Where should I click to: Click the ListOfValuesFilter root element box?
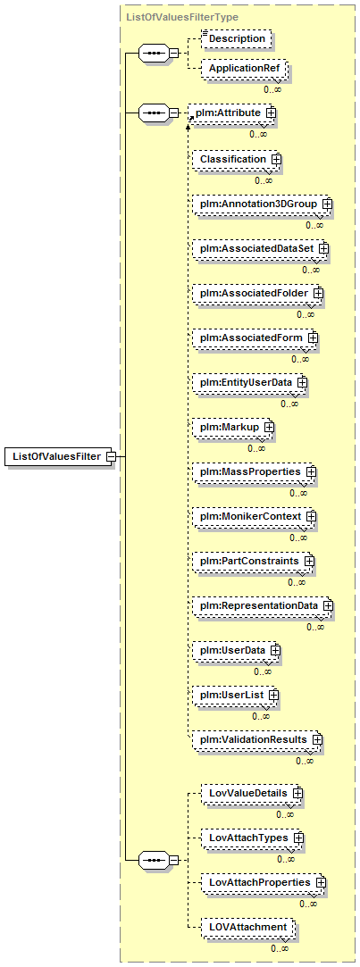tap(59, 456)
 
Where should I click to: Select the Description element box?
tap(237, 38)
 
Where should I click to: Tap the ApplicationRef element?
tap(243, 69)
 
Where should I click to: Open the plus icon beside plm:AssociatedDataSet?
tap(323, 248)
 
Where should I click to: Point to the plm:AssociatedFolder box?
tap(257, 292)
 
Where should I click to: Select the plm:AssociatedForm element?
tap(255, 338)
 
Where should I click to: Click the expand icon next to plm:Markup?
tap(269, 426)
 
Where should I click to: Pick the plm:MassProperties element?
tap(254, 471)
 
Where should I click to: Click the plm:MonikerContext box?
tap(254, 515)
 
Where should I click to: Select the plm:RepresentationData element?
tap(263, 605)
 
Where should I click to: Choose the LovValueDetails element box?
tap(253, 793)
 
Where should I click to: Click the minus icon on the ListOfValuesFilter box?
tap(111, 456)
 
